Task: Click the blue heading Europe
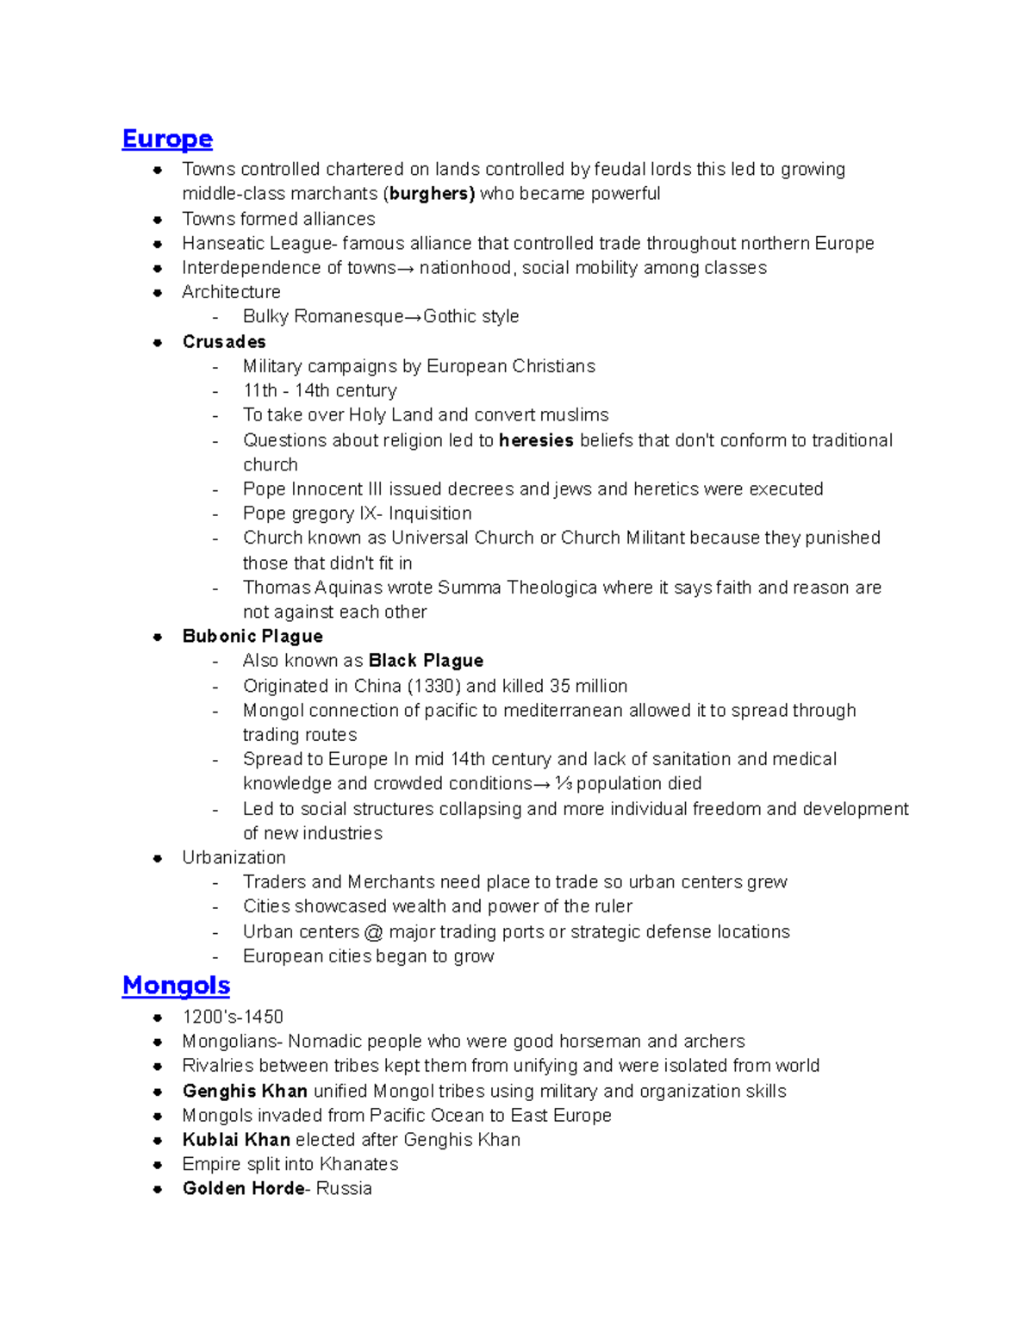tap(167, 139)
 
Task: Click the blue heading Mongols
tap(176, 985)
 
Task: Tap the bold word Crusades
tap(224, 342)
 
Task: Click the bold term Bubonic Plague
tap(252, 637)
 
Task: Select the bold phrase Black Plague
tap(426, 661)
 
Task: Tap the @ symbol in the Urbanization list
tap(373, 931)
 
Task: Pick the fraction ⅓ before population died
tap(564, 783)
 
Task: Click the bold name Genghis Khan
tap(245, 1091)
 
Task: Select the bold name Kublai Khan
tap(236, 1140)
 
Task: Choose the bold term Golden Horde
tap(243, 1189)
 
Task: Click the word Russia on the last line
tap(344, 1189)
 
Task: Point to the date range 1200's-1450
tap(233, 1017)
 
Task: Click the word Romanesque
tap(348, 317)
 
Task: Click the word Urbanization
tap(234, 857)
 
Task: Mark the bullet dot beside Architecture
tap(158, 293)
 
